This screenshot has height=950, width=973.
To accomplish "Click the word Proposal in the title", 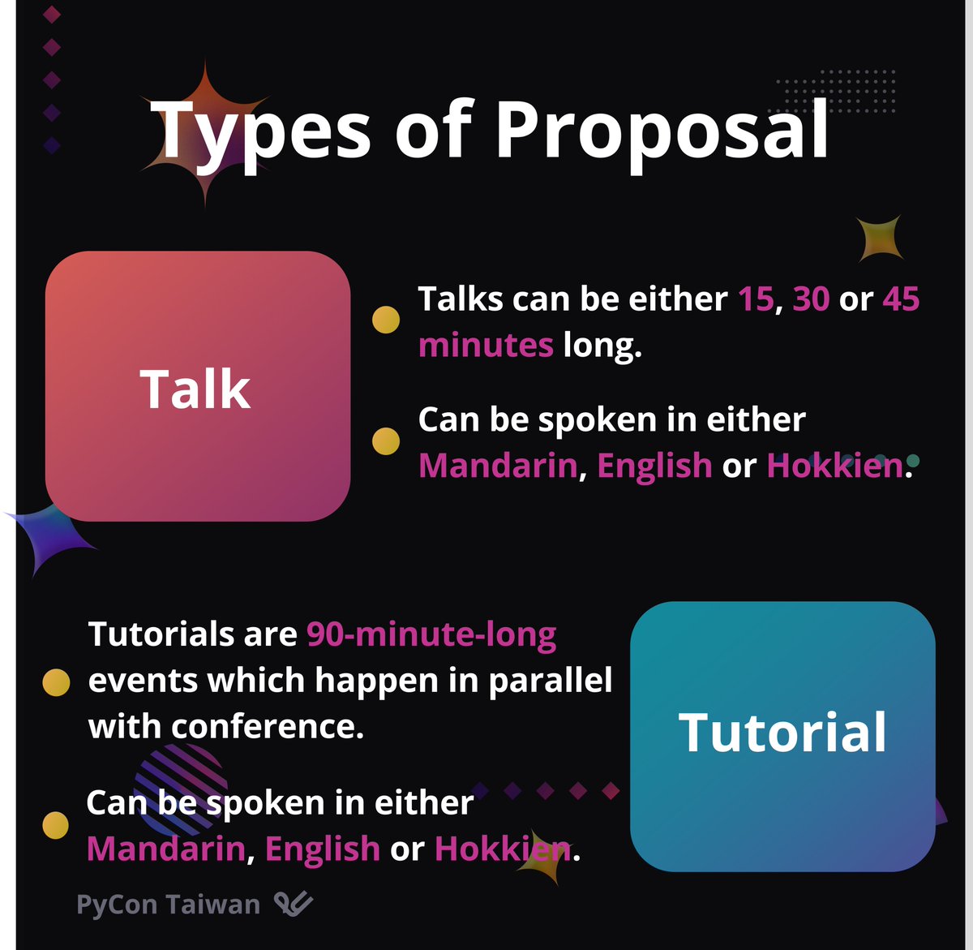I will [x=662, y=130].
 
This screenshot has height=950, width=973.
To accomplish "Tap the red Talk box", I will [x=197, y=386].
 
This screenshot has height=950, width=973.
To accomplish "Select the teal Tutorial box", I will [x=782, y=735].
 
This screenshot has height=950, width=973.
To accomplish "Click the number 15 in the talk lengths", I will [x=756, y=299].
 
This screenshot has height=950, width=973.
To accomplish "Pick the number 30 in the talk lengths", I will [x=811, y=299].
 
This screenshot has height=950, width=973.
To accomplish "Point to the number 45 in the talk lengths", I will [x=901, y=299].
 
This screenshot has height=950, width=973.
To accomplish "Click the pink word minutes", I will [x=486, y=346].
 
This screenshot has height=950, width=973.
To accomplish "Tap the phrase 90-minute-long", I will [x=431, y=634].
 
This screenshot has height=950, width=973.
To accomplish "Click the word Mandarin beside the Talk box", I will [x=498, y=466].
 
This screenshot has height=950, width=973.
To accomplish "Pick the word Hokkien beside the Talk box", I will [x=834, y=466].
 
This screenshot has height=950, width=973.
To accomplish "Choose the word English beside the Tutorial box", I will [x=322, y=849].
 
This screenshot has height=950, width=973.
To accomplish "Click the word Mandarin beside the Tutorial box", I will [x=165, y=849].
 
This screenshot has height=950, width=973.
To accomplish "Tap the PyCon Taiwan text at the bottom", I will [x=168, y=905].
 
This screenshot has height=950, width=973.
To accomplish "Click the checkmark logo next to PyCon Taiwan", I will [x=293, y=904].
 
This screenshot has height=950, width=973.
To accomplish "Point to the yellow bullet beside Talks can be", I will [x=386, y=320].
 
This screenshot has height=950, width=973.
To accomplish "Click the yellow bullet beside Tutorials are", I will [x=56, y=682].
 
